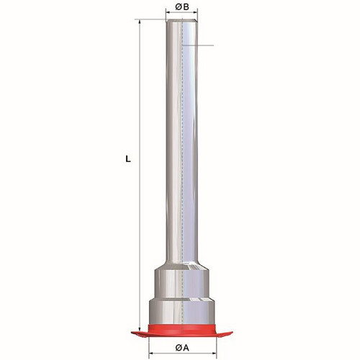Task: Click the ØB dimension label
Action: click(182, 7)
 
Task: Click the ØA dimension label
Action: click(182, 348)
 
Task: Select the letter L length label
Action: click(128, 159)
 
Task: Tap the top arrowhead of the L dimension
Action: click(140, 22)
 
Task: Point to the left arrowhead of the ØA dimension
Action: click(152, 353)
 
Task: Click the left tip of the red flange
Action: click(131, 333)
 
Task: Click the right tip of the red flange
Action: click(232, 333)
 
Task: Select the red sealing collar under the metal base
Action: click(181, 330)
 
